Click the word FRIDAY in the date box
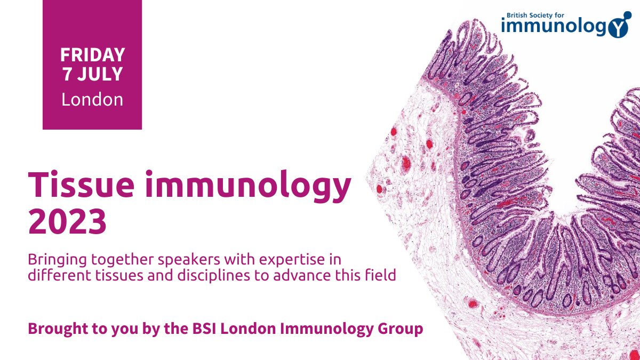click(x=92, y=54)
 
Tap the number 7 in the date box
click(x=67, y=74)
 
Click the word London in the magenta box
click(x=92, y=99)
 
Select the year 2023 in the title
click(x=68, y=222)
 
